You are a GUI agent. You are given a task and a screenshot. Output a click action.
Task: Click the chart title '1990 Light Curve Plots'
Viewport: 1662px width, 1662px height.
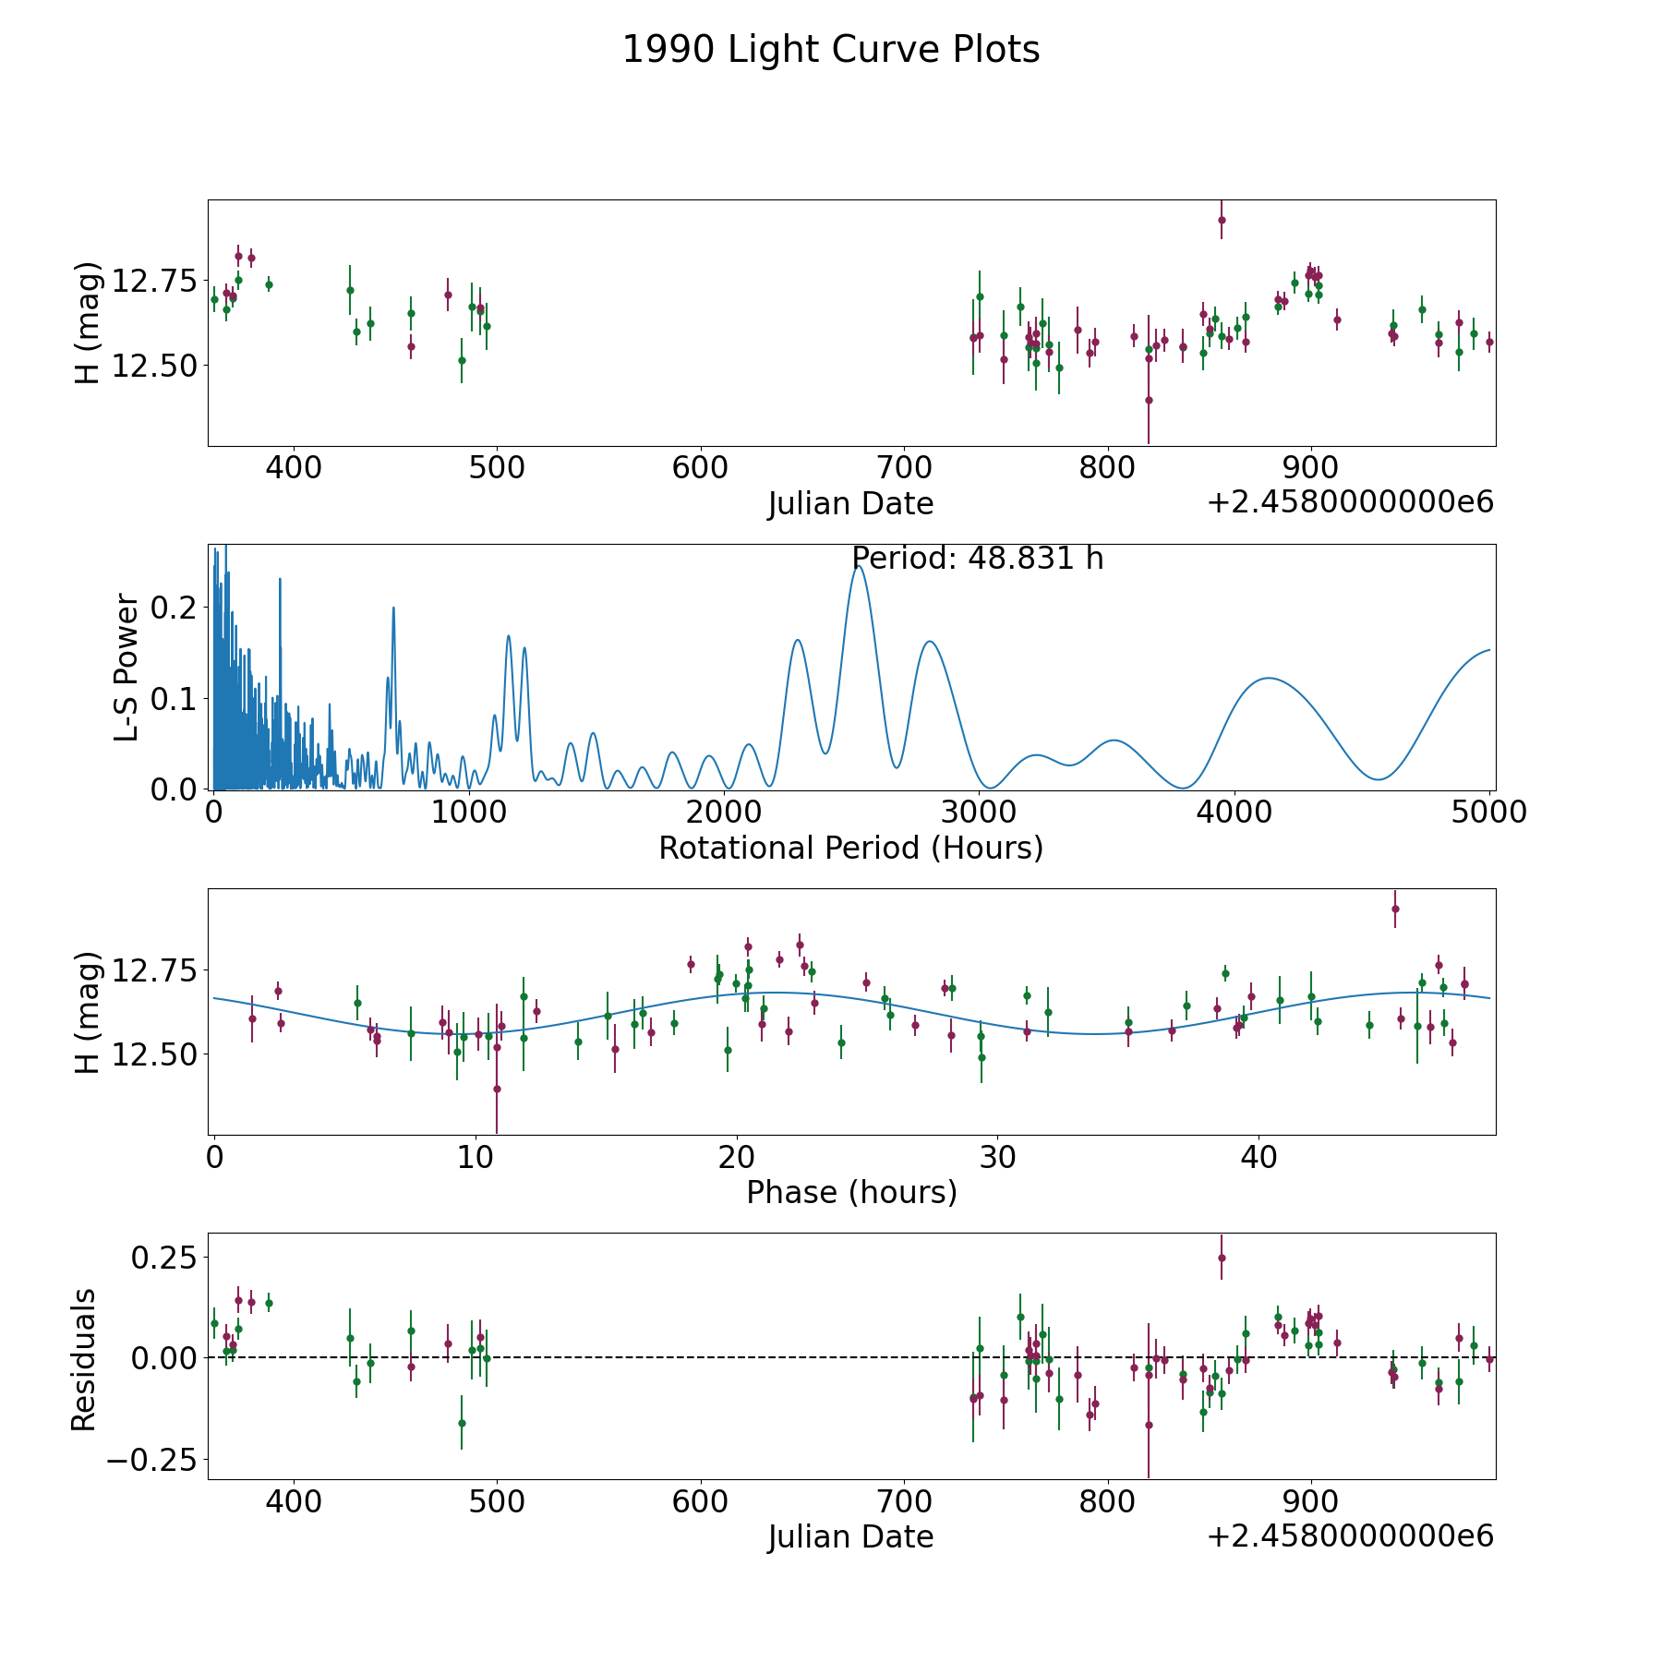(831, 50)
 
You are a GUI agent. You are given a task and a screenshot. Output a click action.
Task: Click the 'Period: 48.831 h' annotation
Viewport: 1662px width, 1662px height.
(978, 559)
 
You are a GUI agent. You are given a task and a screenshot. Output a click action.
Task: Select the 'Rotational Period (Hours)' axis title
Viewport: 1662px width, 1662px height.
(850, 848)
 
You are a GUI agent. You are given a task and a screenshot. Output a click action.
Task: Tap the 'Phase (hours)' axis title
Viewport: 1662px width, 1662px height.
(851, 1192)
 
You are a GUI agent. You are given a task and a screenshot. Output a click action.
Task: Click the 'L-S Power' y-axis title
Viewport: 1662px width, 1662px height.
(127, 667)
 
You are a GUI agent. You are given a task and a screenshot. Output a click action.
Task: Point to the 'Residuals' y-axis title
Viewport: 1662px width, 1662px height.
(83, 1358)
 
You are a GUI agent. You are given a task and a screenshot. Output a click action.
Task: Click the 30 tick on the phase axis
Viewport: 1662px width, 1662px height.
(997, 1157)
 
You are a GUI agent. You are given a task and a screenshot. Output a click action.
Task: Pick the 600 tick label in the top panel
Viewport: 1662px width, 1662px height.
(700, 467)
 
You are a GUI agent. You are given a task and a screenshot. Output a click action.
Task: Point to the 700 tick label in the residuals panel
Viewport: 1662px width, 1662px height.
(904, 1501)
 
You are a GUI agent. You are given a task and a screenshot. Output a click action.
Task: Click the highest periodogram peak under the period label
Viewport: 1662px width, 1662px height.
(859, 566)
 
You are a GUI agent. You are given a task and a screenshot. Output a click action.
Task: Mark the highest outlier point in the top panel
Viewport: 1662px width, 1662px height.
(1222, 220)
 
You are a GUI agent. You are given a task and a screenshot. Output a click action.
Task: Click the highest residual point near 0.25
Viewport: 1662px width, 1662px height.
(1222, 1258)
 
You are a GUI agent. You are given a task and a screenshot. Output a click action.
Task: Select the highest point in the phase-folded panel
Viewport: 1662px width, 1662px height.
(1395, 909)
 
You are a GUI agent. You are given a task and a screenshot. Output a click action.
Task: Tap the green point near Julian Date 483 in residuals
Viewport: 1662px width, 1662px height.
(462, 1423)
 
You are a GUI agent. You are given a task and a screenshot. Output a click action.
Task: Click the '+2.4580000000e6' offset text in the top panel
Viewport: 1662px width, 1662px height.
(1350, 502)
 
